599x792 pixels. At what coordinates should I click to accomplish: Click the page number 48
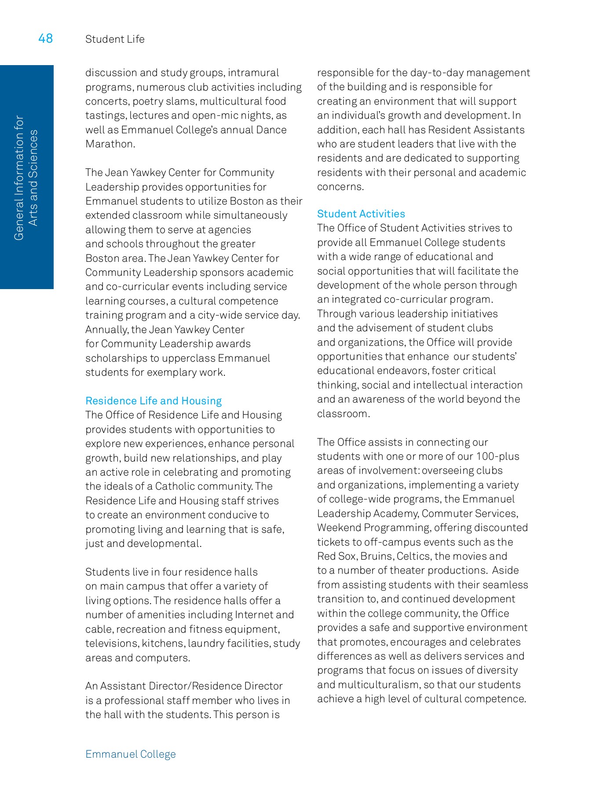tap(45, 38)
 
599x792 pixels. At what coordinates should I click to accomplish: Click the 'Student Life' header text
tap(115, 39)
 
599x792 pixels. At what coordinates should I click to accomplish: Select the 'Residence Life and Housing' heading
tap(153, 401)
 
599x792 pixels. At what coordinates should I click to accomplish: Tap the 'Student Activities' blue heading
tap(361, 214)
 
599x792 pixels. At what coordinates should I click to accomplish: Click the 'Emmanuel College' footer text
tap(131, 754)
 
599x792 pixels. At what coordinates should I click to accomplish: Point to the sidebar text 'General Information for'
tap(19, 178)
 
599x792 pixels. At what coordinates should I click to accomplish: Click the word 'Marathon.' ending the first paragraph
tap(110, 144)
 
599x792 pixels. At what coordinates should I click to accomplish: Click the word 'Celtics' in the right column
tap(413, 556)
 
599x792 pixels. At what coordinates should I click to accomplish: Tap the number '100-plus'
tap(497, 456)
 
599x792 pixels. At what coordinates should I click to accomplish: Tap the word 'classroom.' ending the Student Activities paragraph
tap(343, 414)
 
